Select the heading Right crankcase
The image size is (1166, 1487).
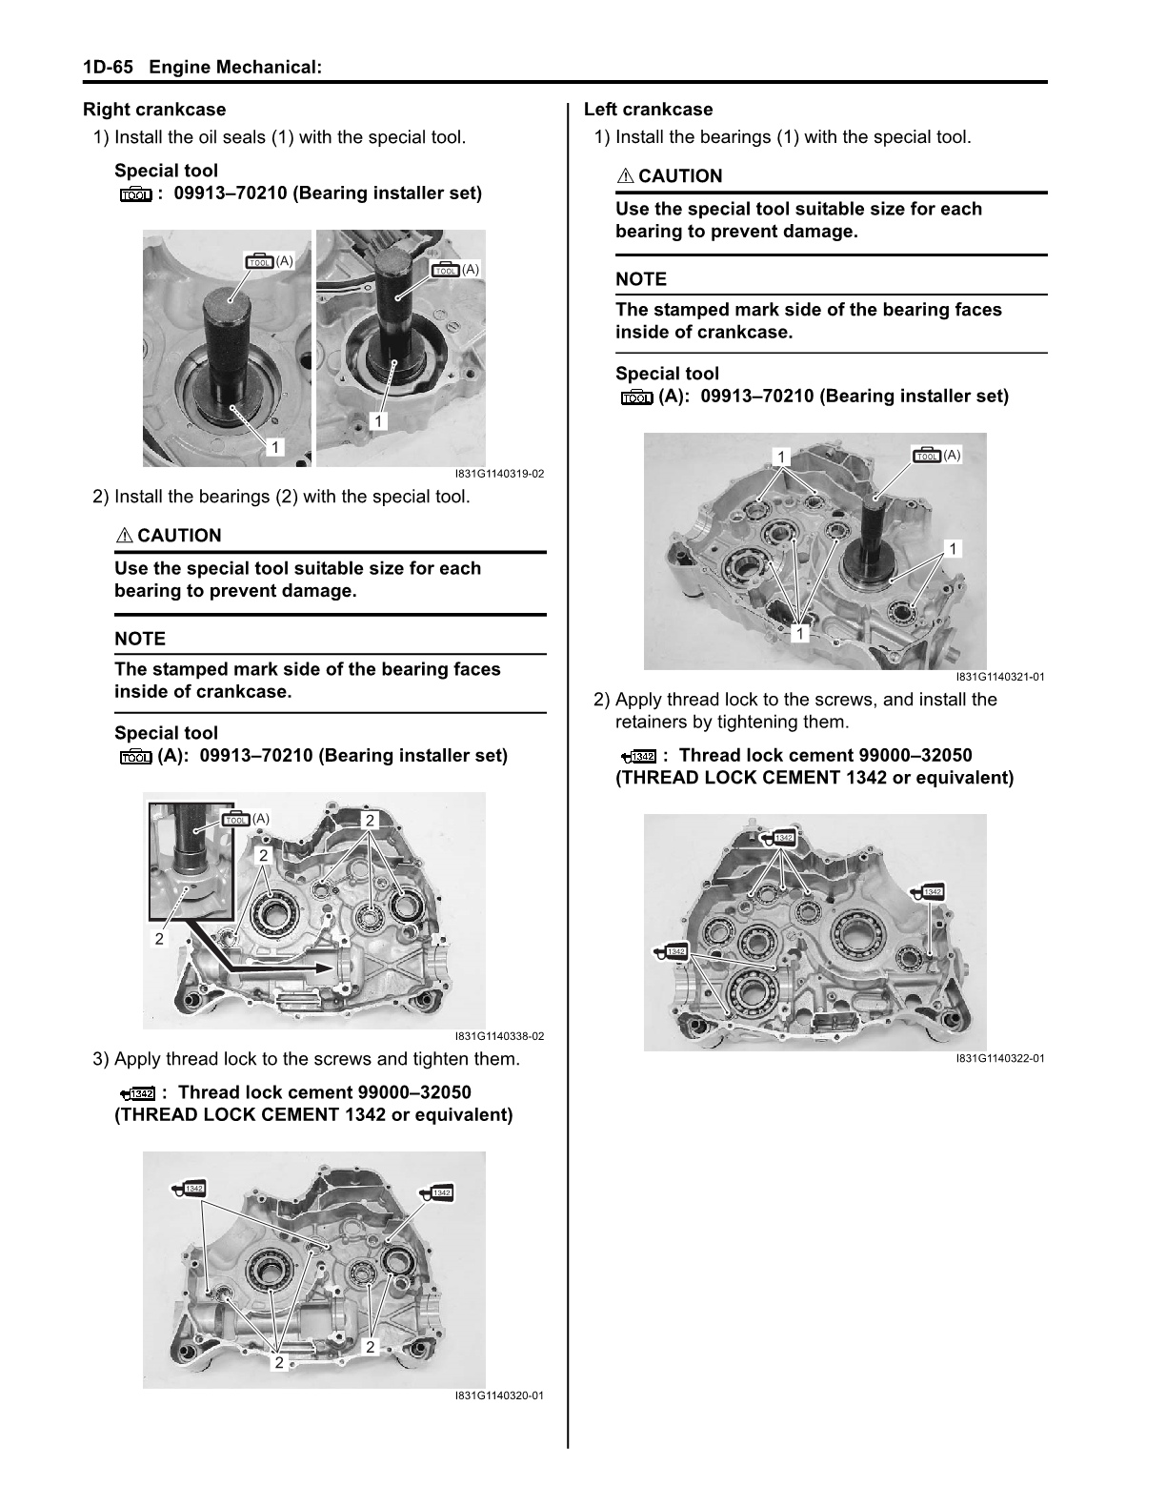point(154,110)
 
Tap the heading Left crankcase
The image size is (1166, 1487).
point(648,110)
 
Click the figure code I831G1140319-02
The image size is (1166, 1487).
point(499,474)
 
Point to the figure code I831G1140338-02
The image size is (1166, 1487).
point(499,1036)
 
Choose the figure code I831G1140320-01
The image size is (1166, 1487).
point(499,1396)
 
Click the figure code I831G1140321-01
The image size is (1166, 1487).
point(1000,677)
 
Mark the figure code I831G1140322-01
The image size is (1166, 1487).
point(1000,1058)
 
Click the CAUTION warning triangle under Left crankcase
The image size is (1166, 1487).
point(625,176)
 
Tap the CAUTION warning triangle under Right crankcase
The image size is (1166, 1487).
point(124,536)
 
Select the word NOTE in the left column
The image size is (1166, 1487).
point(140,639)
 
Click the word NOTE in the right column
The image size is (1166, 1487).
point(641,279)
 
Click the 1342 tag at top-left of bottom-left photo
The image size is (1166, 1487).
point(191,1189)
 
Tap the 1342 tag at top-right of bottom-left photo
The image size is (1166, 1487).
point(437,1193)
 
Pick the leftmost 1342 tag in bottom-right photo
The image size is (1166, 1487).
point(673,951)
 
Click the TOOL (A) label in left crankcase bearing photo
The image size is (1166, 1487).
point(936,456)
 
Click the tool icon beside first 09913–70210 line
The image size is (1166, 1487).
point(135,194)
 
